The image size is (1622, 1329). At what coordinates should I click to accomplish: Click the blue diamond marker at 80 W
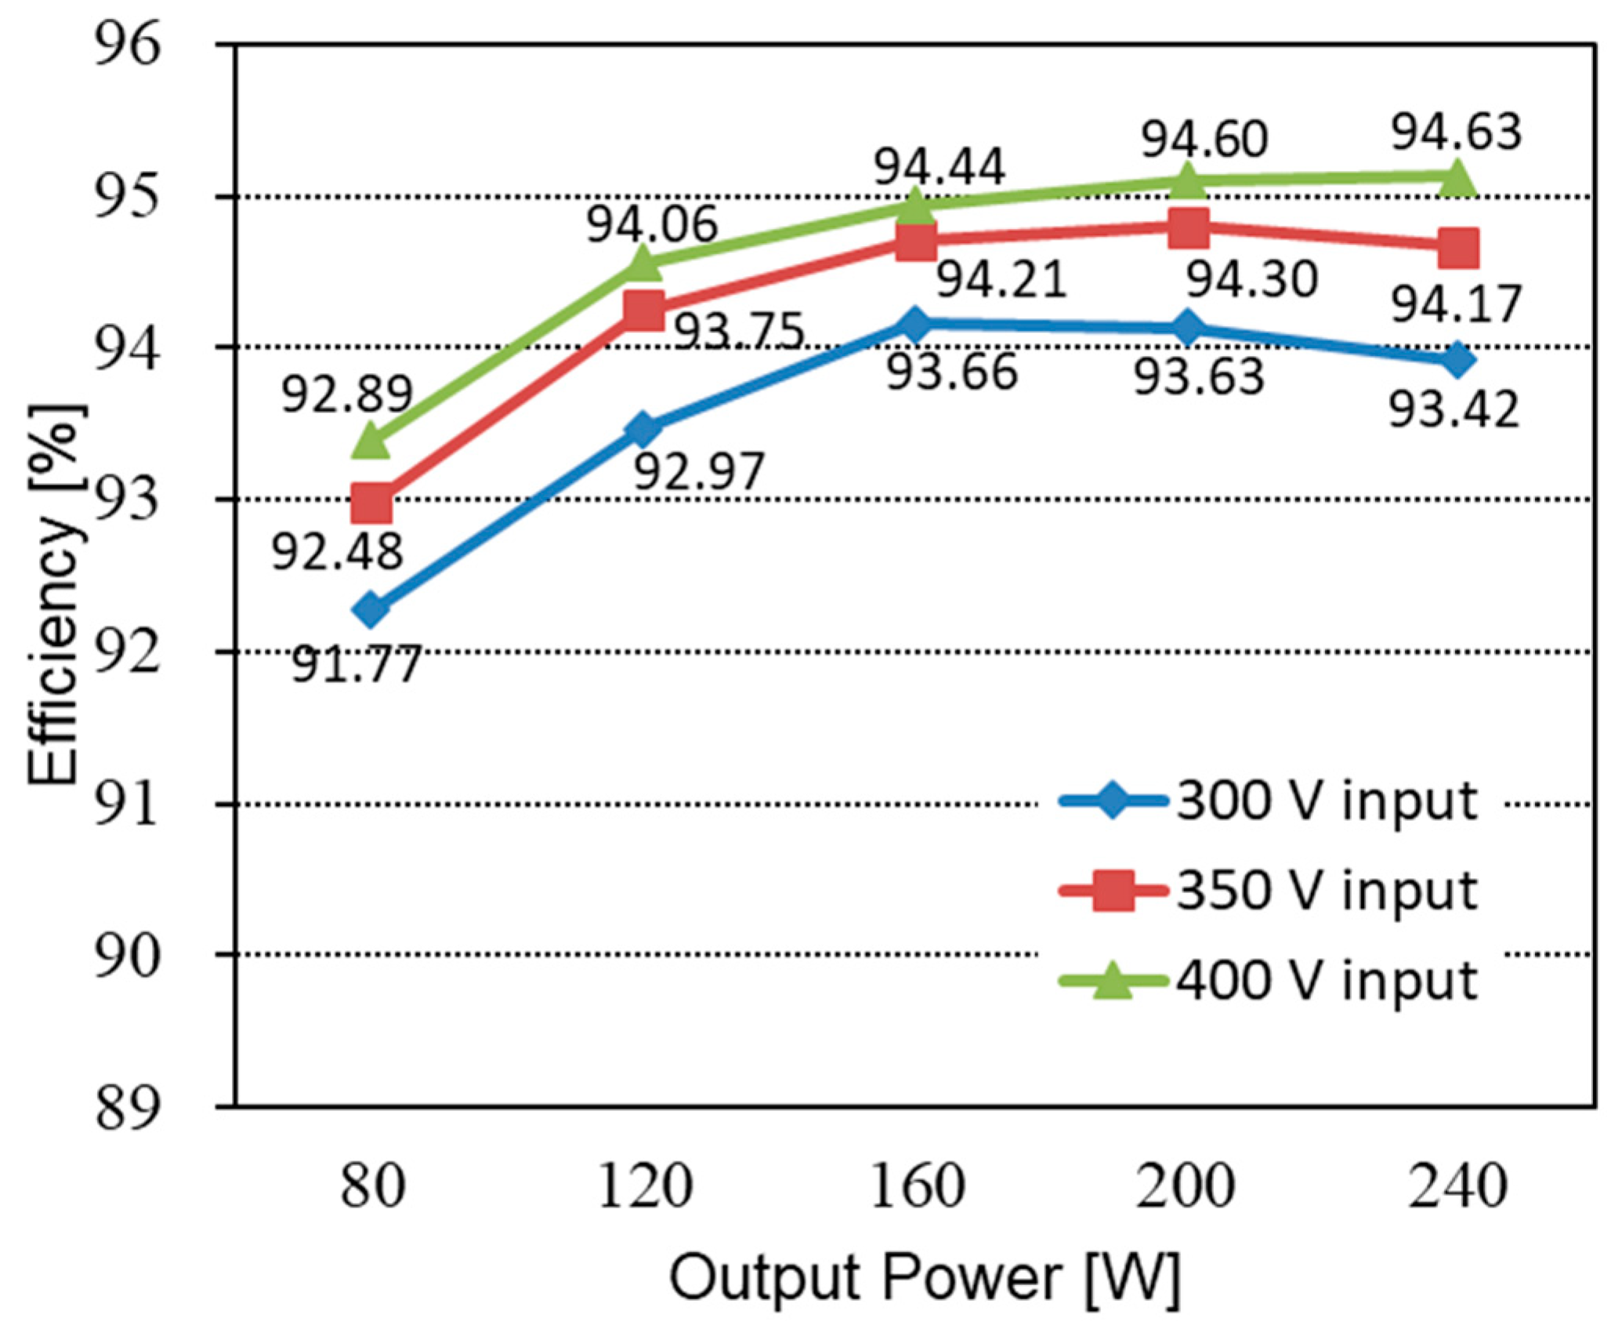(371, 609)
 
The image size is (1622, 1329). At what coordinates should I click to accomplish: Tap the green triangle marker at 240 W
(1457, 179)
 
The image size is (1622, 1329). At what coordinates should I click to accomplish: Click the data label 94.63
(1456, 132)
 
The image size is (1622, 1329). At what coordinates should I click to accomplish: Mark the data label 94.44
(939, 167)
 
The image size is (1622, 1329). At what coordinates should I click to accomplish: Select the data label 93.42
(1454, 409)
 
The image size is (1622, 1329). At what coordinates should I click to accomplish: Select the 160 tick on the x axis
(917, 1186)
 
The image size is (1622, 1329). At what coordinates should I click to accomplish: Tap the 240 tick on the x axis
(1457, 1186)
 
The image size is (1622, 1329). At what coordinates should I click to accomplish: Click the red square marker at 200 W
(1188, 227)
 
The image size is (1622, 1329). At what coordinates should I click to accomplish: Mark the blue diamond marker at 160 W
(915, 323)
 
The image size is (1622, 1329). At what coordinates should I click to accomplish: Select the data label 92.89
(346, 394)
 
